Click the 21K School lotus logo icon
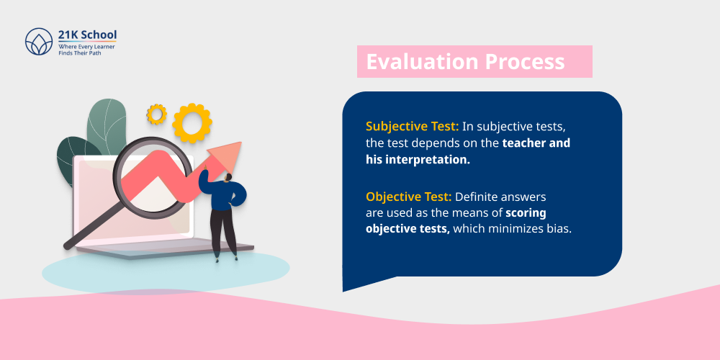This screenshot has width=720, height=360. coord(39,42)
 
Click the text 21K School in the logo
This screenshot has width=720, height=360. coord(87,35)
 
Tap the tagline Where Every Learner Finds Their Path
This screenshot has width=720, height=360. coord(86,49)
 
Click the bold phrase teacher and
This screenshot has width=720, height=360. coord(536,143)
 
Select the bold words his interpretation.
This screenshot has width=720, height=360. coord(418,159)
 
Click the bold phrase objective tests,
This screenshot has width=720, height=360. coord(408,229)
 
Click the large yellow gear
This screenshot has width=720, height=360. coord(192,123)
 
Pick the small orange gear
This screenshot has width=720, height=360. coord(156,114)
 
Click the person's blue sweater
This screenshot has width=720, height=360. coord(228,194)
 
